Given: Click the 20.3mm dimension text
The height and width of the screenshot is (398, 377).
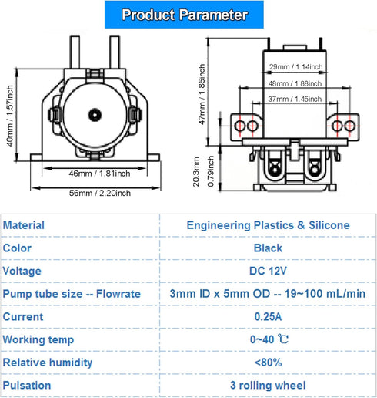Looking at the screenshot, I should tap(196, 170).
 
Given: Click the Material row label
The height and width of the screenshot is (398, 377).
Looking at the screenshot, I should tap(24, 225).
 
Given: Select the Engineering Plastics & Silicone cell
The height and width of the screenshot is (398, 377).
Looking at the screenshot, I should tap(268, 225).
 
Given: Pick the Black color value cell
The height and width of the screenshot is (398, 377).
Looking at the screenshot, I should tap(268, 248).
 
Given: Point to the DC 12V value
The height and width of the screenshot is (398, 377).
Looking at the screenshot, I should tap(268, 272).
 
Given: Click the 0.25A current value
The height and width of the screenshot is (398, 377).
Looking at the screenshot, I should tap(268, 316).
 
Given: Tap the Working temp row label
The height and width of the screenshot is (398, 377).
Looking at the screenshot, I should tap(38, 339).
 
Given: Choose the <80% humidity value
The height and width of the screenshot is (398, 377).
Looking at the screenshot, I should tap(268, 362).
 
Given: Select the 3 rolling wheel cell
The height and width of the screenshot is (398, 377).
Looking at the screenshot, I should tap(268, 385).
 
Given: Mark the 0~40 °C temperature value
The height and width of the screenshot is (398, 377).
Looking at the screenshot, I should tap(268, 339).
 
